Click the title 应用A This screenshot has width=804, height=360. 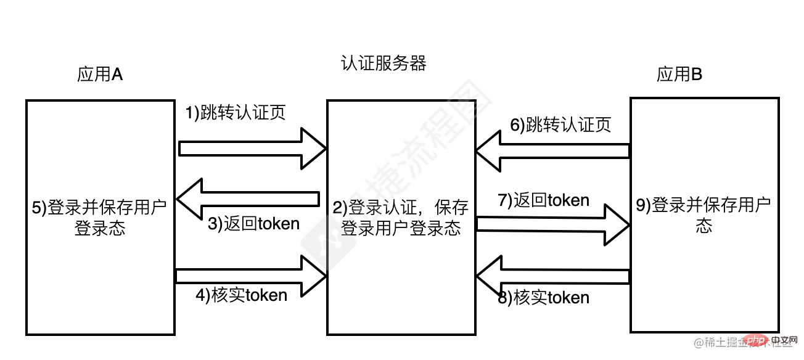[100, 75]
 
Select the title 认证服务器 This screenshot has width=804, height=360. [383, 63]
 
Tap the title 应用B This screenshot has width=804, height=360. [679, 75]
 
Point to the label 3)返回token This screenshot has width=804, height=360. [253, 224]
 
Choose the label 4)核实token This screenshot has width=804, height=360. [242, 295]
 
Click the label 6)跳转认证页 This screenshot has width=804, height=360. [560, 125]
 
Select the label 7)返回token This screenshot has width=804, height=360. [543, 200]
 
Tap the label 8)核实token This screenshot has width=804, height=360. [543, 298]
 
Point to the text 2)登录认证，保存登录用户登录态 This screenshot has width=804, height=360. [401, 217]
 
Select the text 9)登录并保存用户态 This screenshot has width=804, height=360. [704, 215]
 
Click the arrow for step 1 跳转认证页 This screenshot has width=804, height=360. [253, 148]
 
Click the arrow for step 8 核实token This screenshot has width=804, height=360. [552, 277]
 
